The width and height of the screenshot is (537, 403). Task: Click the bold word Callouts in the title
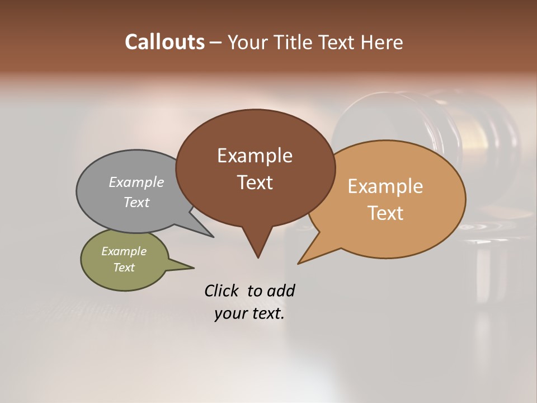point(164,42)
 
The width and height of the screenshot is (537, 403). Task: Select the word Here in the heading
point(382,42)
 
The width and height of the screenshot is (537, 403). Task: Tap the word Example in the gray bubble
point(136,182)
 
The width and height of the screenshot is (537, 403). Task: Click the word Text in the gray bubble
point(136,202)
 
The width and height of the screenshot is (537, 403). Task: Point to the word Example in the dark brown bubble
point(255,156)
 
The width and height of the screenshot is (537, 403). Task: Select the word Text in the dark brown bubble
point(255,182)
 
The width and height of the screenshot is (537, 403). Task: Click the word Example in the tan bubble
point(385,186)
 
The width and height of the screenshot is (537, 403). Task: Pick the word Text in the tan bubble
point(385,213)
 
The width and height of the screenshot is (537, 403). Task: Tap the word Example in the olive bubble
point(124,251)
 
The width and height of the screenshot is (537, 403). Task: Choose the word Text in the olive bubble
point(124,268)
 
